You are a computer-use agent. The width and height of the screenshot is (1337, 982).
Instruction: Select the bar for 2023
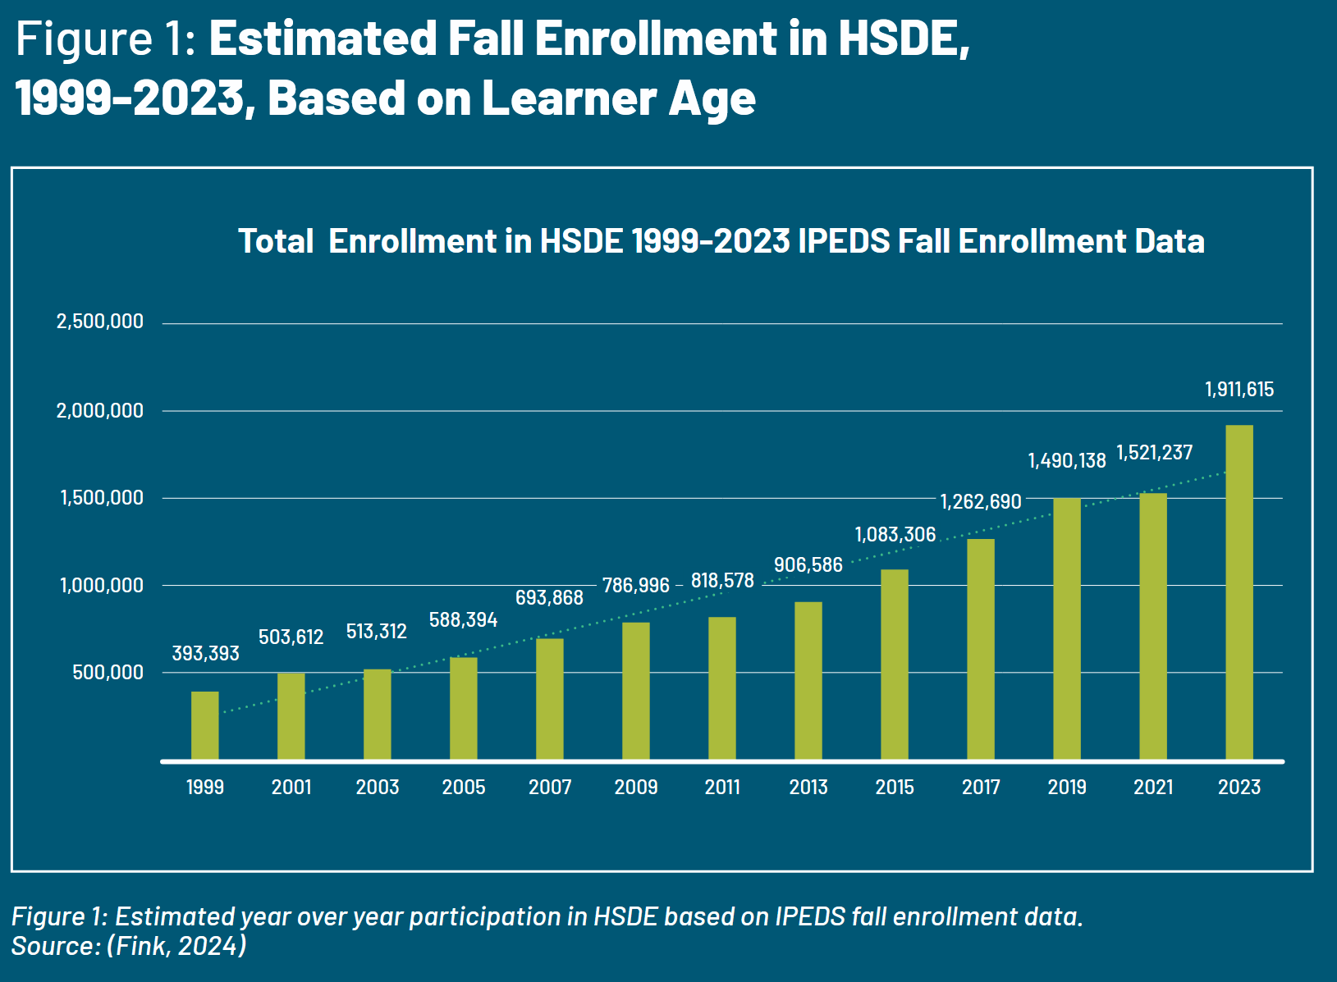(x=1239, y=592)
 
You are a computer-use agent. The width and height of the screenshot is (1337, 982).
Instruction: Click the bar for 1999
(x=205, y=726)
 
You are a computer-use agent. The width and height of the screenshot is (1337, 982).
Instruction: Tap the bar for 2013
(x=808, y=681)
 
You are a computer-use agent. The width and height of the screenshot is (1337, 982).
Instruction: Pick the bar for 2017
(x=981, y=650)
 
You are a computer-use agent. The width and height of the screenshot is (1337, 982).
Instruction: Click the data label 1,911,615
(x=1239, y=390)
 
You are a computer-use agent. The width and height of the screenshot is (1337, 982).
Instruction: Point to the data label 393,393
(x=205, y=654)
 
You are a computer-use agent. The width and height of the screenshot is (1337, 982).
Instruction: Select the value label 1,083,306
(x=895, y=535)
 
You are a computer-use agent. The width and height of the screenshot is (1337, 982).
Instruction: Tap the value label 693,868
(x=549, y=598)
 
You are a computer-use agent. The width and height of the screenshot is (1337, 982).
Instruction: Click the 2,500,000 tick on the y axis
(x=99, y=322)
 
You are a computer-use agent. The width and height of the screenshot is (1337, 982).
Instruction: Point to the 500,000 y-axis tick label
(x=108, y=673)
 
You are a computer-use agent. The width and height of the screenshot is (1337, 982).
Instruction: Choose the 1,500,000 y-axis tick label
(x=101, y=498)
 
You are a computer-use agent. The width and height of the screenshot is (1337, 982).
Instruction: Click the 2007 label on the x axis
(x=550, y=788)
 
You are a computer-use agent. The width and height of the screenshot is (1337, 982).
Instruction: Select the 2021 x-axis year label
(x=1153, y=788)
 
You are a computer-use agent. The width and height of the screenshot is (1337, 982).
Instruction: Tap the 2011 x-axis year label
(x=722, y=788)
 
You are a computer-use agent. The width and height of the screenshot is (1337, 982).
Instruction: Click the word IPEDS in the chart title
(x=844, y=242)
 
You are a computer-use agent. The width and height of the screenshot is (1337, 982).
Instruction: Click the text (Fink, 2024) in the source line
(x=176, y=946)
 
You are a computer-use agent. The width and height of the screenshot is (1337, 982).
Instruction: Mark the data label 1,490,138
(x=1067, y=461)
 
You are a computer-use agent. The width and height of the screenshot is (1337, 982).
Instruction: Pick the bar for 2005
(x=464, y=709)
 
